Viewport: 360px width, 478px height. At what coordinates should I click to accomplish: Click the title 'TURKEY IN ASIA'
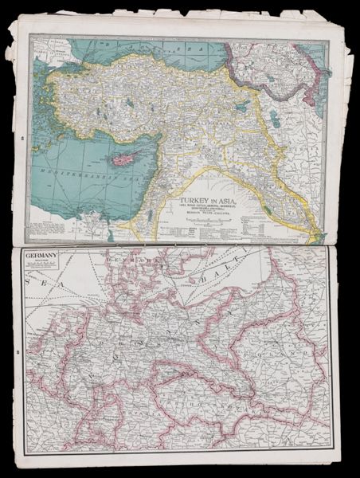click(x=210, y=193)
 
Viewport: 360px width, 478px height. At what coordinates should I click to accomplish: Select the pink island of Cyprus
click(x=123, y=159)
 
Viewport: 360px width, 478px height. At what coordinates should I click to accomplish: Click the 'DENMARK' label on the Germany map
click(x=119, y=261)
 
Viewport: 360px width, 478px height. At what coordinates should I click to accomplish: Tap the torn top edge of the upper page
click(x=159, y=18)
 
